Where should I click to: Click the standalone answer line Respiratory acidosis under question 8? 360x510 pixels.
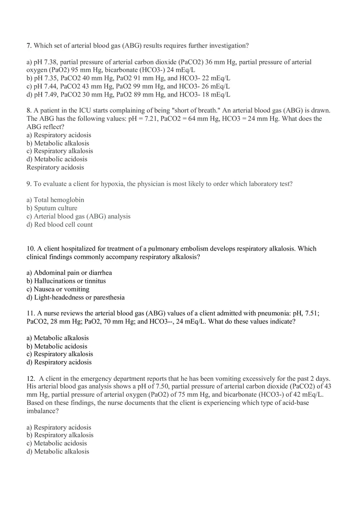[55, 167]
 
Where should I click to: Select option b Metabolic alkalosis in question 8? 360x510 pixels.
[58, 143]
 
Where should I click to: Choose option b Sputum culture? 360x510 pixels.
[52, 208]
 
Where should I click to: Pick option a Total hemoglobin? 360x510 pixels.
[55, 200]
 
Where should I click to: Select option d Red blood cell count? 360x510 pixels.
[60, 225]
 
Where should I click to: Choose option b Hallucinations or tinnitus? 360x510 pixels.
[66, 281]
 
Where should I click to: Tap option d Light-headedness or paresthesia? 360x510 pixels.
[76, 297]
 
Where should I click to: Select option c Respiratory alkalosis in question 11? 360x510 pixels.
[60, 354]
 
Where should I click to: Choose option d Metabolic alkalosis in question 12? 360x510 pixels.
[58, 452]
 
